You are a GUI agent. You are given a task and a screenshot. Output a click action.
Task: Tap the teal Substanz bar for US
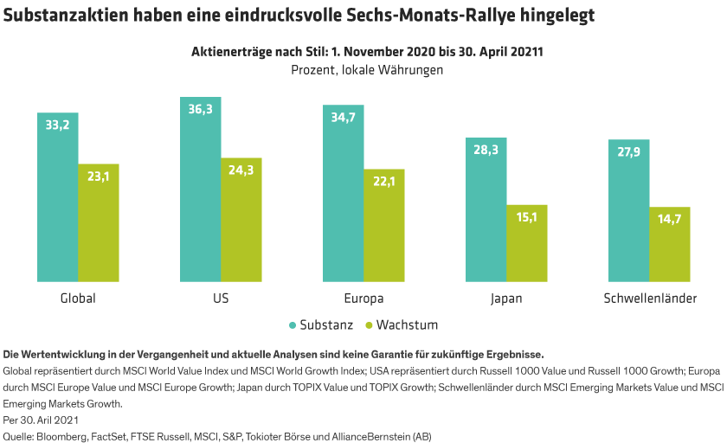(x=200, y=189)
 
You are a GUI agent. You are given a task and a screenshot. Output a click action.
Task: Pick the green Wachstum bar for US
(x=241, y=220)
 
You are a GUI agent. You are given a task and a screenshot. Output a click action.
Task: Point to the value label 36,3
(x=200, y=109)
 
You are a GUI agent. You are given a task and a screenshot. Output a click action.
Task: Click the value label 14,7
(x=670, y=219)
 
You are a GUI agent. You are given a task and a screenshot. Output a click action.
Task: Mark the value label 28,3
(x=486, y=150)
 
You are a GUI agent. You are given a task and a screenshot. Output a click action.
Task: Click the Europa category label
(x=363, y=299)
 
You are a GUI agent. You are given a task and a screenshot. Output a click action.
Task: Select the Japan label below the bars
(x=506, y=299)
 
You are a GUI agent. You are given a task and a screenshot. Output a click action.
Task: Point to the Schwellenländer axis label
(x=649, y=299)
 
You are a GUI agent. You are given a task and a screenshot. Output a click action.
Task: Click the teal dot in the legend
(x=293, y=325)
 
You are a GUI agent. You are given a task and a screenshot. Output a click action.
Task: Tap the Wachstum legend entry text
(x=407, y=325)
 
